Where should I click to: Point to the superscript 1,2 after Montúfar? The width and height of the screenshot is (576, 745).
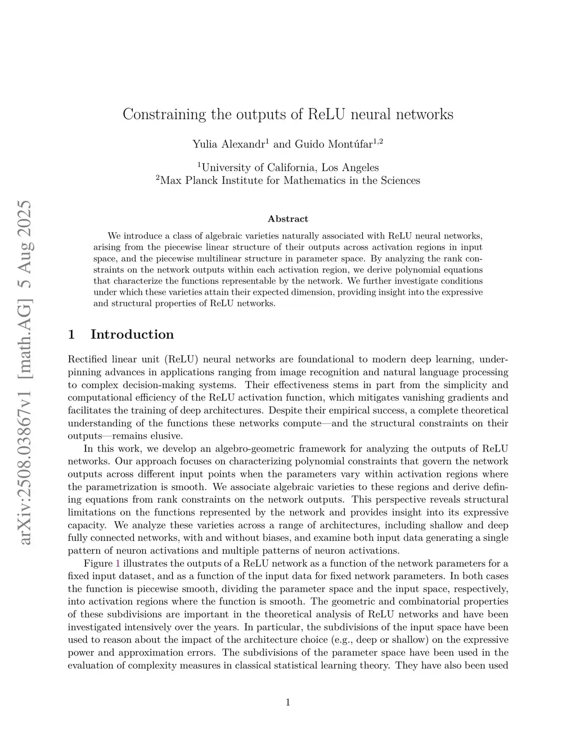(378, 141)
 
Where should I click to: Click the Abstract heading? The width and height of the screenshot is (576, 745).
(287, 219)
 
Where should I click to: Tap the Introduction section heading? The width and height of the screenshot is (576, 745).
(132, 335)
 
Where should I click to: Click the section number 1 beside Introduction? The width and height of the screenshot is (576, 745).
(71, 335)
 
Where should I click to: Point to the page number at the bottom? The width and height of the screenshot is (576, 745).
(287, 702)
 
